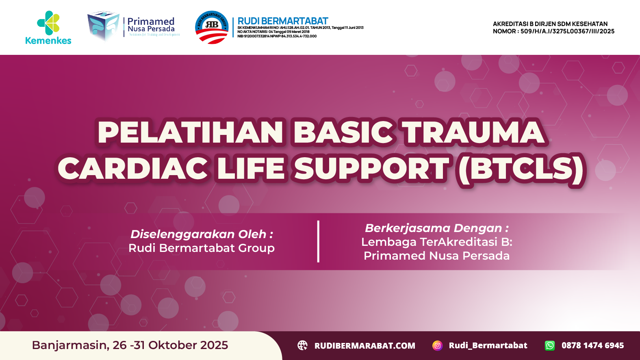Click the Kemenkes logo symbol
click(49, 23)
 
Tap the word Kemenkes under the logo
click(48, 41)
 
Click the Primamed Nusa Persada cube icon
click(103, 25)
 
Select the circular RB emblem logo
click(212, 27)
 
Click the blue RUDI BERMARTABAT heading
click(282, 21)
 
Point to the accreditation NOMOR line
click(553, 31)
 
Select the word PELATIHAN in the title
click(190, 132)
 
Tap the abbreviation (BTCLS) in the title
click(521, 169)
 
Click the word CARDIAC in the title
click(133, 169)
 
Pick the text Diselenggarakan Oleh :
click(202, 234)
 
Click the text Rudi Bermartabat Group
click(202, 248)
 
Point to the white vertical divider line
click(318, 241)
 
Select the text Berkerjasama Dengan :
click(436, 228)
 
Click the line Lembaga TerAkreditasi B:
click(436, 242)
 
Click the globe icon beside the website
click(303, 345)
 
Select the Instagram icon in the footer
click(437, 345)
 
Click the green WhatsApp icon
click(549, 345)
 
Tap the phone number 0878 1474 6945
click(592, 345)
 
